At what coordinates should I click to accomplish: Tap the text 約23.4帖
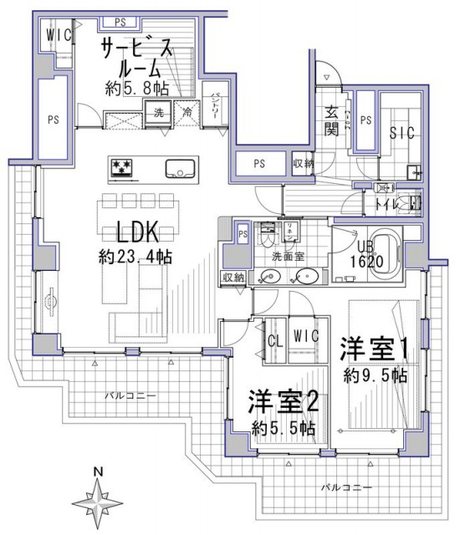coord(135,257)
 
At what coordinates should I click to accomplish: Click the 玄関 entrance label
coord(331,123)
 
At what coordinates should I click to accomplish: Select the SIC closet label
coord(401,134)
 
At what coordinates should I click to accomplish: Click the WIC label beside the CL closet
coord(306,335)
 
